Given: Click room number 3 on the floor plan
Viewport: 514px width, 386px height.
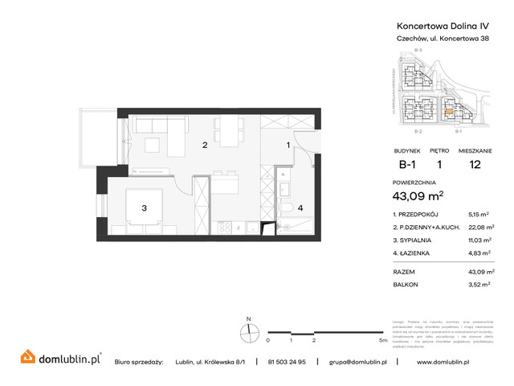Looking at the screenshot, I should [x=144, y=208].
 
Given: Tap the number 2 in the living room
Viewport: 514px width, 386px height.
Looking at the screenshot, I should [x=206, y=146].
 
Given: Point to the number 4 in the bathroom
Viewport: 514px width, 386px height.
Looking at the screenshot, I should [x=300, y=208].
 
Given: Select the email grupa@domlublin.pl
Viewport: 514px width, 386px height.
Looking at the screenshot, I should [x=358, y=362].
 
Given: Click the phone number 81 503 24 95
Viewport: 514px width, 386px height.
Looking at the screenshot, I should [x=292, y=362].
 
